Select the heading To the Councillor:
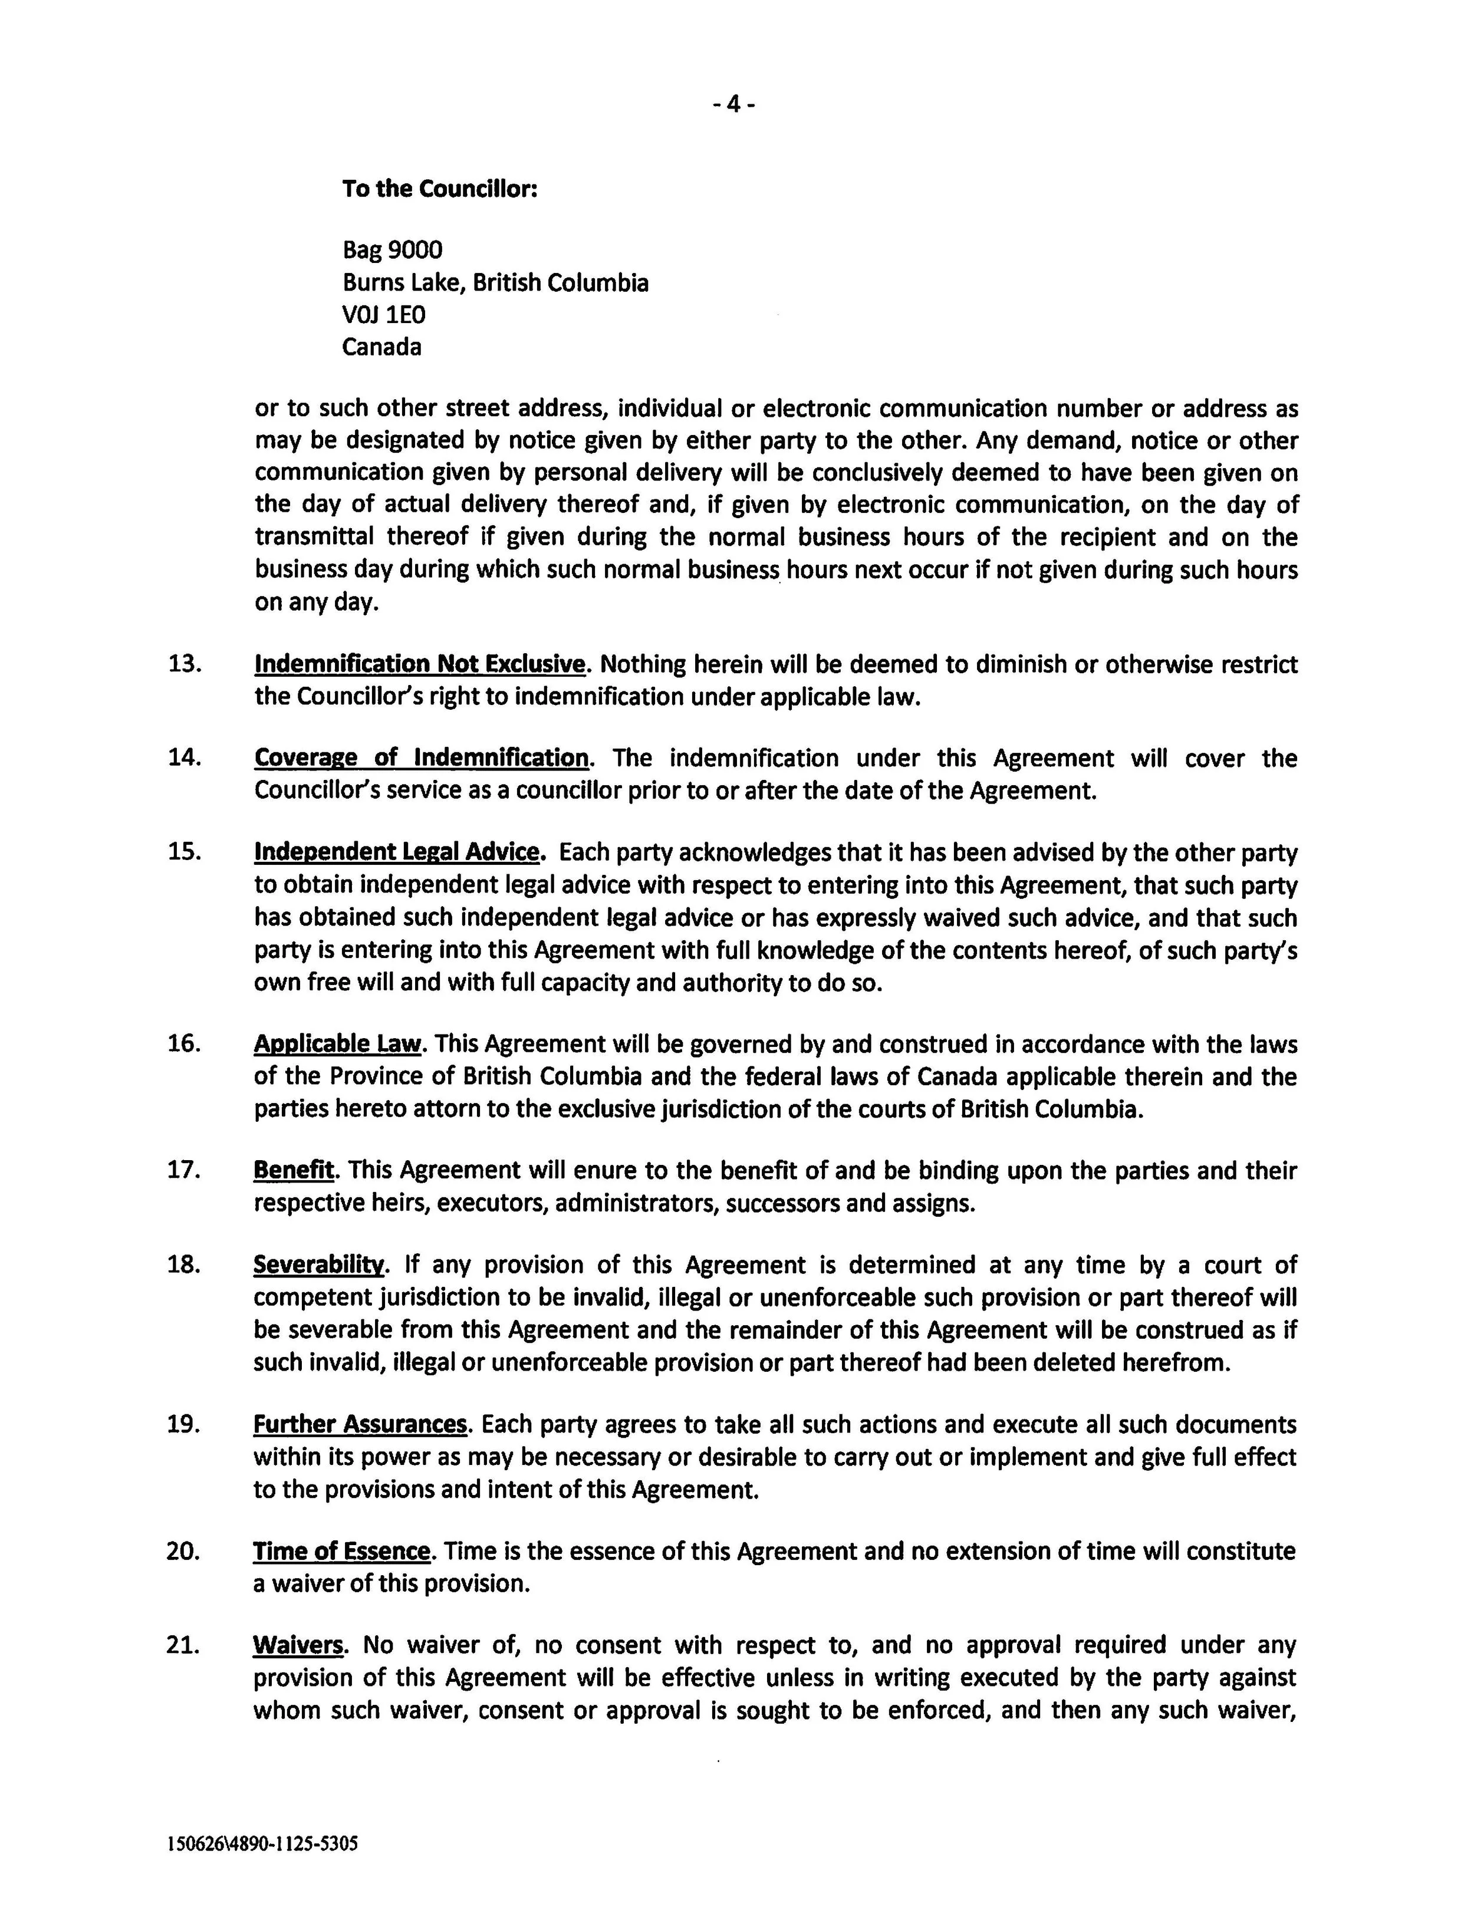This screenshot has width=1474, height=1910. (x=439, y=189)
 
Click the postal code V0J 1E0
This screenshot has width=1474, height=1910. (x=383, y=315)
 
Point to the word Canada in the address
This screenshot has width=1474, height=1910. (x=381, y=347)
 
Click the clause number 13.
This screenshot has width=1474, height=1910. (x=185, y=664)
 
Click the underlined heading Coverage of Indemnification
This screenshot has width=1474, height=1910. (x=421, y=758)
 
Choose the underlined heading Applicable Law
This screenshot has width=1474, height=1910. (x=338, y=1043)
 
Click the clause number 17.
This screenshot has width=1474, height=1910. (x=185, y=1170)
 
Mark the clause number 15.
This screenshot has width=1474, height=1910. (x=185, y=852)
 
